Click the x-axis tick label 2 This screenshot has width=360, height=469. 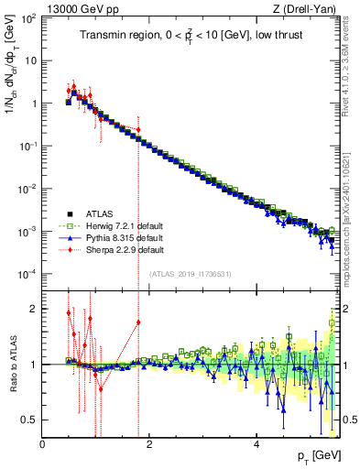tap(150, 445)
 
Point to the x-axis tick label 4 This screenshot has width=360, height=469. tap(257, 445)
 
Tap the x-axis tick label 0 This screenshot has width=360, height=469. tap(43, 445)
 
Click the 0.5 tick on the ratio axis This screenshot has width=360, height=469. tap(30, 420)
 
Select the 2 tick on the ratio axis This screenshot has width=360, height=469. tap(35, 309)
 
